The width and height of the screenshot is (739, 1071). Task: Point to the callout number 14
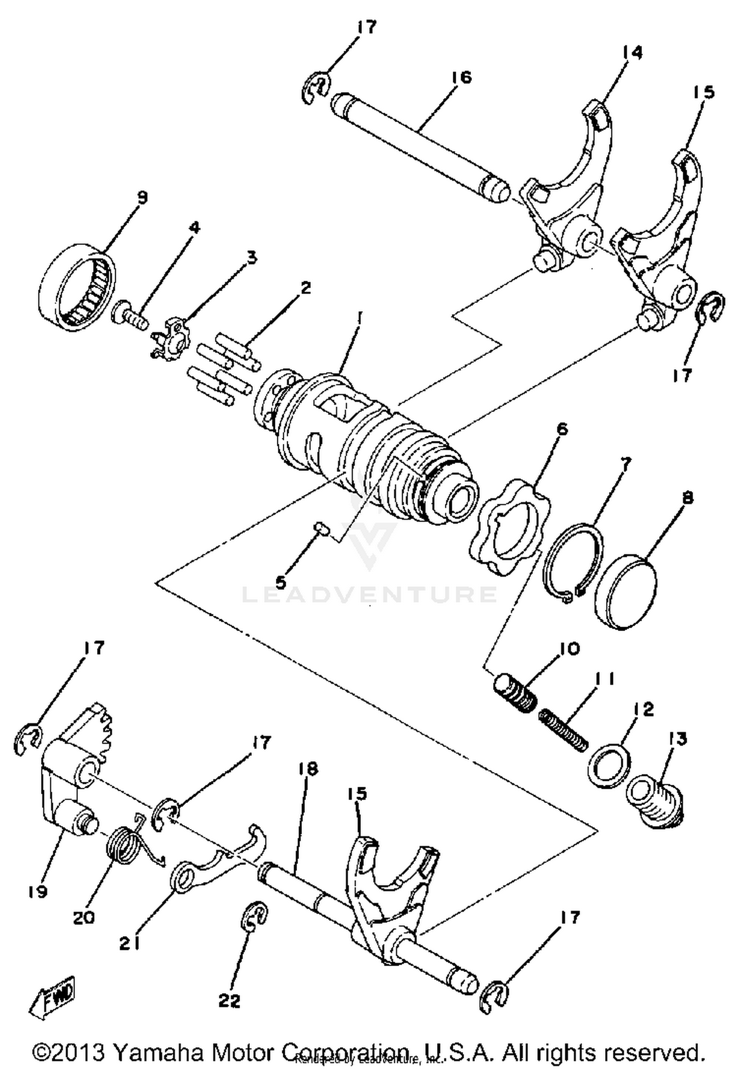click(x=632, y=52)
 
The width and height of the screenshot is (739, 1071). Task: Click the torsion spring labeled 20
click(x=126, y=844)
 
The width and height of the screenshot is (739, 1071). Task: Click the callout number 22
click(x=230, y=1000)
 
